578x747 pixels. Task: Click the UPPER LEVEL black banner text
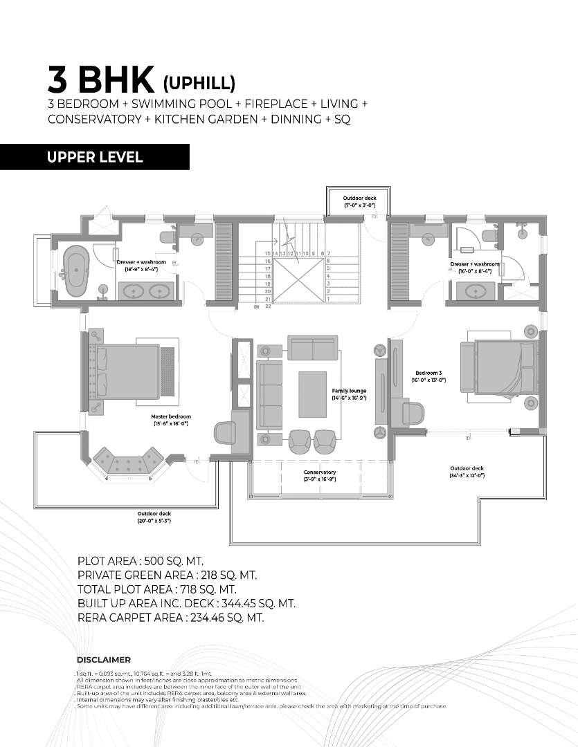95,157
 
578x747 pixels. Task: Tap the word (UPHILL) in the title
199,83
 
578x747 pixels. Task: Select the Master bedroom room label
171,420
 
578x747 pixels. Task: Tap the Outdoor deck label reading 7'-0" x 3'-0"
359,202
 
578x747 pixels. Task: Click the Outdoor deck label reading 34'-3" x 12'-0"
467,472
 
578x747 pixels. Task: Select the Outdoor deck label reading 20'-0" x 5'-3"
154,517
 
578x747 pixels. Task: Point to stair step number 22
267,306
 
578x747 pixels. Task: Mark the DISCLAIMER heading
103,660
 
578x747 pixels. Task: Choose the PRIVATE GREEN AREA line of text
167,575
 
